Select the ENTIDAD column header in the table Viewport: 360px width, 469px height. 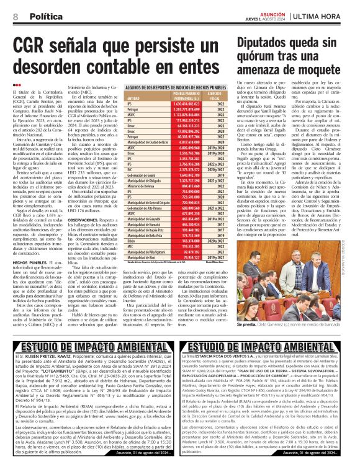click(x=133, y=99)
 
